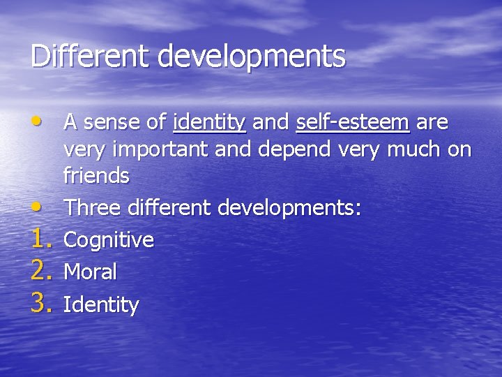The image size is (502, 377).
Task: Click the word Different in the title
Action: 91,57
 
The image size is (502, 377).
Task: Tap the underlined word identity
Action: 209,124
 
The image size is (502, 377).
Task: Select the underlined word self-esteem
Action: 352,124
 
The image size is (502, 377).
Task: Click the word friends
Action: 96,175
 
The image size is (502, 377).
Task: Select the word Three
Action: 93,207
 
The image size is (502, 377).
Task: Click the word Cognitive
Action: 109,240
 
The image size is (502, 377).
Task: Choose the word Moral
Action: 90,272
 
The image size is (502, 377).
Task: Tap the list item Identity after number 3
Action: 101,304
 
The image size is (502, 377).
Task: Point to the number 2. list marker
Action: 43,271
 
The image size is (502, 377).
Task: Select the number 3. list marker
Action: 43,303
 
